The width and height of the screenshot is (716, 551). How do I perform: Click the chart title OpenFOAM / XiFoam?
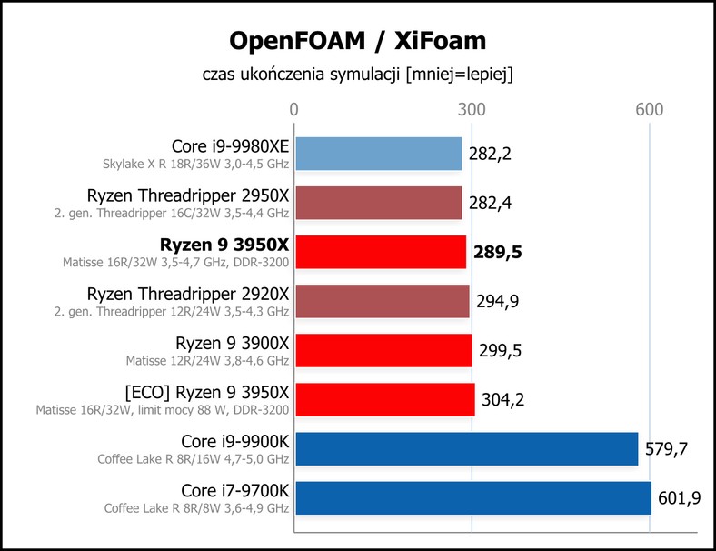click(357, 41)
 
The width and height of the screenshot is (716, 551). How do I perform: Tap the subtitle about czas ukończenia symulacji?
click(357, 74)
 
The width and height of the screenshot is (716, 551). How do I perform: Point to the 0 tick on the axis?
click(294, 110)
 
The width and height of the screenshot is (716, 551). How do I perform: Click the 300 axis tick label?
click(472, 110)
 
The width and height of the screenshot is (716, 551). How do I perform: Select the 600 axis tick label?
click(650, 110)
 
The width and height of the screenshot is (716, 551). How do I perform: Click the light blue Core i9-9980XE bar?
click(379, 154)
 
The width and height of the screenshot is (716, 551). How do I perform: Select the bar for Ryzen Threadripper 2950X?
click(379, 203)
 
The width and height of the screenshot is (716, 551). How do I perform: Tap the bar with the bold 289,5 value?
click(381, 252)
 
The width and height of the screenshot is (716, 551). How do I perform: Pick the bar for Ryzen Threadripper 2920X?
click(383, 301)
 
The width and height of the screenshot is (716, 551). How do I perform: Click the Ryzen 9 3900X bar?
click(383, 350)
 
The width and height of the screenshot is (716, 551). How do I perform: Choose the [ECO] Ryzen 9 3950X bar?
click(385, 400)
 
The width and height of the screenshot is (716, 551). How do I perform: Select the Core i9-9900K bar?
click(467, 449)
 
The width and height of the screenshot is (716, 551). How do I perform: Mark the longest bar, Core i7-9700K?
click(473, 498)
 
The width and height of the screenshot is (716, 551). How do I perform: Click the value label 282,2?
click(490, 154)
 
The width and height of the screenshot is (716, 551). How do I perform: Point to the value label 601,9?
click(679, 498)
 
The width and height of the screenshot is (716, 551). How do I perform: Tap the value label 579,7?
click(666, 449)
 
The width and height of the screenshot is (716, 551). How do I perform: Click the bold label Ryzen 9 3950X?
click(224, 245)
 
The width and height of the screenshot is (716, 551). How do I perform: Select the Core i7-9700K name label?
click(235, 491)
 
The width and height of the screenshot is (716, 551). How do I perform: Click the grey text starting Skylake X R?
click(196, 164)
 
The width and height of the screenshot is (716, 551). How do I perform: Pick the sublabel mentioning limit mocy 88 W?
click(163, 410)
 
